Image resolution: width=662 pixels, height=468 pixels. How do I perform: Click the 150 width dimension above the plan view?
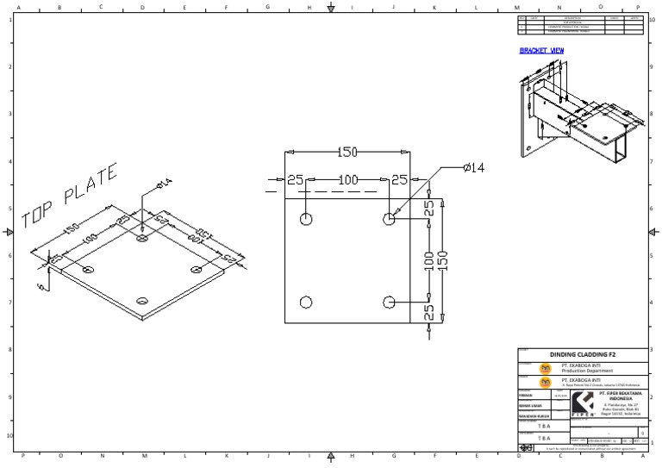(347, 153)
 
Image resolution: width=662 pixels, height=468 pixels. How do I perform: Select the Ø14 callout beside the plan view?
(474, 167)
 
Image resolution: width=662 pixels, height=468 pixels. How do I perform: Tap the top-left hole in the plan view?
(306, 219)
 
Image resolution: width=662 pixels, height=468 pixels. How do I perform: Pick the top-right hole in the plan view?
(389, 219)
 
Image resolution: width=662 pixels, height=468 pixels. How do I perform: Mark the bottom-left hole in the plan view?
(306, 302)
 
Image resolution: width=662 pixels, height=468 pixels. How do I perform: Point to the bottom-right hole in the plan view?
(389, 302)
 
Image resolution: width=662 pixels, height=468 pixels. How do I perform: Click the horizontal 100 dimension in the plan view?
(347, 180)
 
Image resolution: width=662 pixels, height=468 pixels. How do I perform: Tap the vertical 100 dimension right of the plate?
(428, 260)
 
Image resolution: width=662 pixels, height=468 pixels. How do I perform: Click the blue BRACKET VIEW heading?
(541, 51)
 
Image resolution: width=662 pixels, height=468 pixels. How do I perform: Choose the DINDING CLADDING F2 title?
(583, 354)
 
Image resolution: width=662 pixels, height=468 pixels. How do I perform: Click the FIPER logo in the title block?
(583, 403)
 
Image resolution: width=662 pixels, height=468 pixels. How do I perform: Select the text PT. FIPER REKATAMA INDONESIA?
(620, 395)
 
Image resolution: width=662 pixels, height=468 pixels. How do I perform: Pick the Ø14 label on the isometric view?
(164, 184)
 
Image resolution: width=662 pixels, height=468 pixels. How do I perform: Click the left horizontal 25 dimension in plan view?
(296, 180)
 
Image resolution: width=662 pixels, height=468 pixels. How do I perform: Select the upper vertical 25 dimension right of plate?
(428, 209)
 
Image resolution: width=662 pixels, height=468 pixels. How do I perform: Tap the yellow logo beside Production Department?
(545, 366)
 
